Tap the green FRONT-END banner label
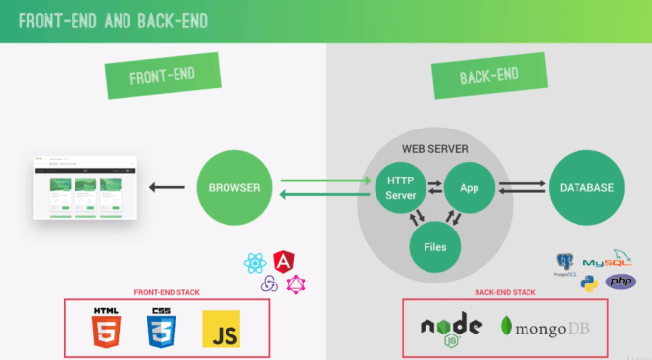tap(162, 77)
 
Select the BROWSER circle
tap(235, 186)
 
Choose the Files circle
tap(433, 246)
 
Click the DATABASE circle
tap(586, 187)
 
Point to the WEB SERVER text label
tap(434, 149)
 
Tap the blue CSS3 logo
tap(162, 331)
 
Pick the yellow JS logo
tap(221, 330)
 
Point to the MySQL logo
tap(608, 260)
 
